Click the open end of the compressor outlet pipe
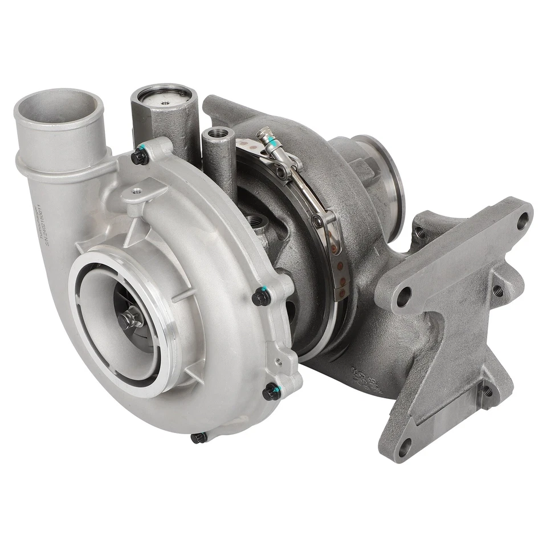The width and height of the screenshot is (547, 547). pyautogui.click(x=59, y=109)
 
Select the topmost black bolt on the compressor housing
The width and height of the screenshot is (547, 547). pyautogui.click(x=140, y=156)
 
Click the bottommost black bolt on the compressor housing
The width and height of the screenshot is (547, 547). pyautogui.click(x=198, y=438)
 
